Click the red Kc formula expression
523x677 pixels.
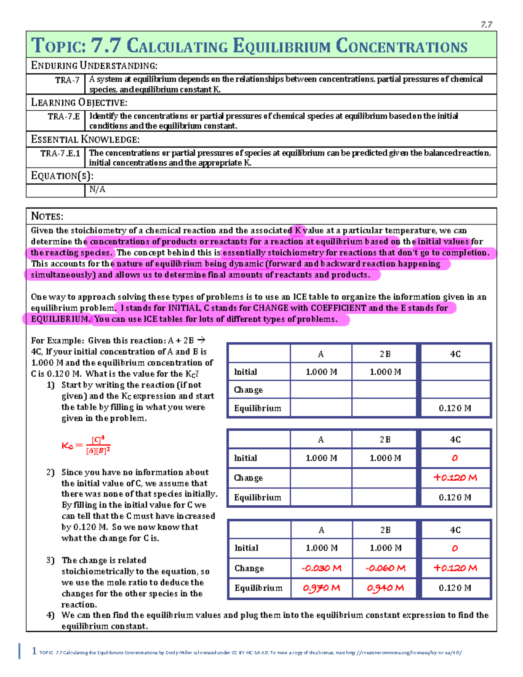[86, 445]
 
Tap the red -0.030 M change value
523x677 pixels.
[322, 568]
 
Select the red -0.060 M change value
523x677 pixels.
[385, 568]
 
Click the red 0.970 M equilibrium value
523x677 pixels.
[322, 588]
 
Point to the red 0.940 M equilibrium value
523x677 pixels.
[385, 588]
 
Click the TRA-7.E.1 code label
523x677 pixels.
[60, 153]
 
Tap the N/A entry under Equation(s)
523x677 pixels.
[97, 189]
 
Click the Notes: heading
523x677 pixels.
[47, 216]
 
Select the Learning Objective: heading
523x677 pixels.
[79, 102]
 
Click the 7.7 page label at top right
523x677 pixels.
[486, 25]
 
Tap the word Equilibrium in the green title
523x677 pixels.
[282, 46]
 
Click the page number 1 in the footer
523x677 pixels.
[34, 651]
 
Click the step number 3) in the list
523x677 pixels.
[51, 560]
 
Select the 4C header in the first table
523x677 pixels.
[455, 354]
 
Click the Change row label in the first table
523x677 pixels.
[248, 390]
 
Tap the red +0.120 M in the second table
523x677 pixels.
[455, 477]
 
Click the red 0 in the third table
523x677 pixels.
[455, 548]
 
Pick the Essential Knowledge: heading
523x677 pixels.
[85, 139]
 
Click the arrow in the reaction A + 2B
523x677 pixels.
[201, 340]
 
